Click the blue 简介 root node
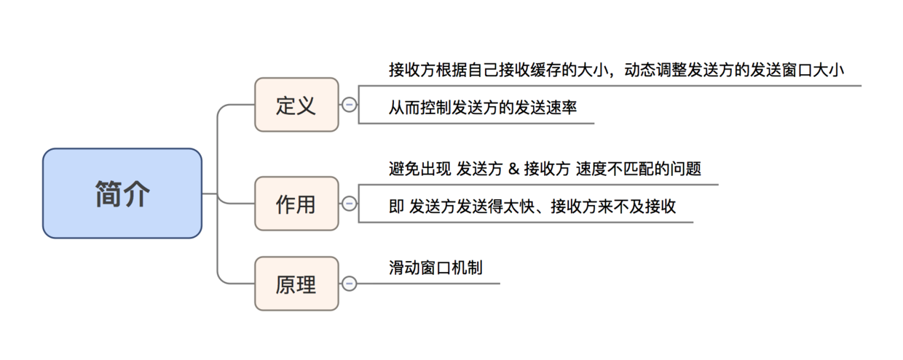pyautogui.click(x=122, y=193)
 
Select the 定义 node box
pyautogui.click(x=296, y=105)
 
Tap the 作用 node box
pyautogui.click(x=296, y=204)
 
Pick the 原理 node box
pyautogui.click(x=296, y=284)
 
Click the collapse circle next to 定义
pyautogui.click(x=350, y=105)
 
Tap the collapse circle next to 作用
pyautogui.click(x=350, y=204)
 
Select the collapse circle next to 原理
pyautogui.click(x=350, y=284)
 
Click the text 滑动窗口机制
pyautogui.click(x=435, y=268)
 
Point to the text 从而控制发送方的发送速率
pyautogui.click(x=483, y=107)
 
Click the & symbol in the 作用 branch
pyautogui.click(x=513, y=169)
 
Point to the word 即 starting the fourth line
pyautogui.click(x=396, y=207)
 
